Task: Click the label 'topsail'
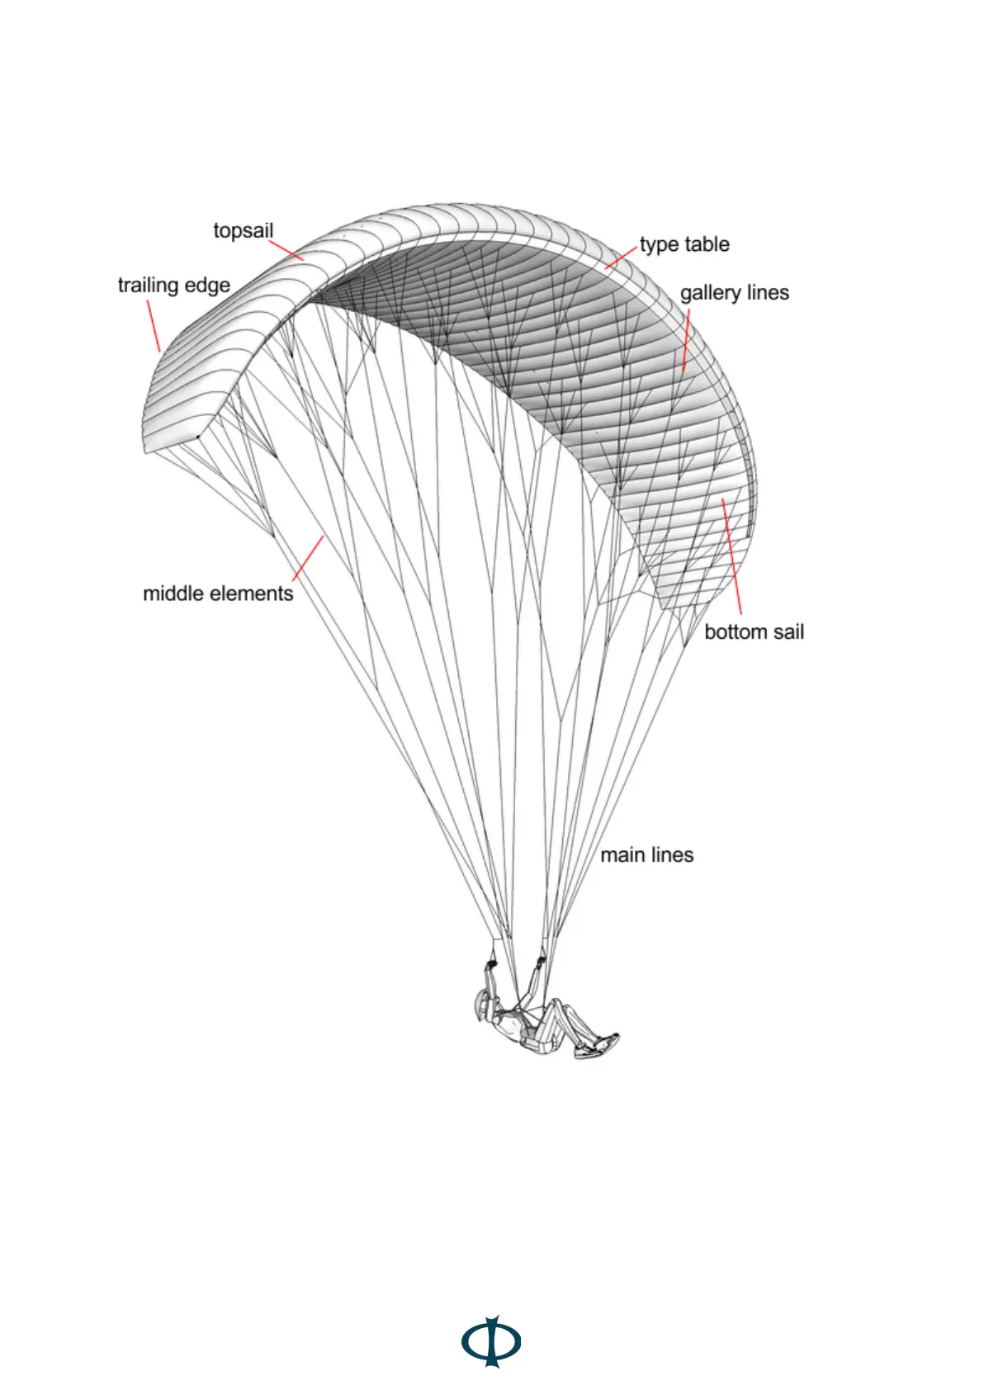[243, 230]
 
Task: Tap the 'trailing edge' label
[173, 286]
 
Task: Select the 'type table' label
[684, 244]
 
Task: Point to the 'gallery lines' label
[734, 293]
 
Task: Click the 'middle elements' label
[218, 593]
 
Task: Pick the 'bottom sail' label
[754, 632]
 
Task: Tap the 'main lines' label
[646, 855]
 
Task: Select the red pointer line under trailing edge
[153, 326]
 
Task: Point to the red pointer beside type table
[622, 257]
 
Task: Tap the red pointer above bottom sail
[732, 557]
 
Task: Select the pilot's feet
[598, 1046]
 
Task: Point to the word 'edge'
[207, 286]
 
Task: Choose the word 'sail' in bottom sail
[787, 632]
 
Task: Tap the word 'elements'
[252, 593]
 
